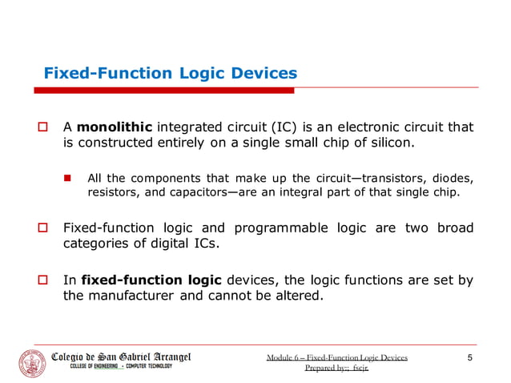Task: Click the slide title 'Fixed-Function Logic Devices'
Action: click(x=170, y=74)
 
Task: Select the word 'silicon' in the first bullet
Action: click(x=388, y=143)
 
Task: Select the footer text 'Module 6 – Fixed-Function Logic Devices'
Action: click(x=336, y=357)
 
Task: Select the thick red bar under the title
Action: click(x=168, y=91)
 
